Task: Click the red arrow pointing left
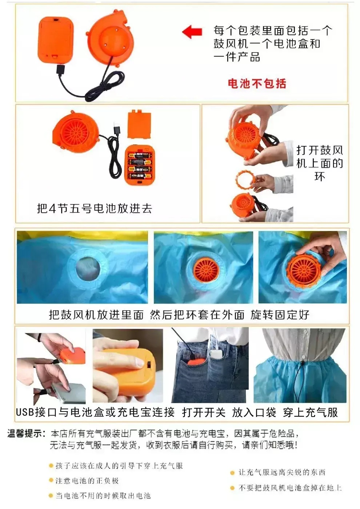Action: (192, 32)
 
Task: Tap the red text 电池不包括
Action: (257, 83)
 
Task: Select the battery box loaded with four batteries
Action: (140, 164)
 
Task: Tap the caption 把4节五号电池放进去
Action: (95, 208)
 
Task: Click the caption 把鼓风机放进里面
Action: (96, 315)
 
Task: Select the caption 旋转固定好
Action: (280, 315)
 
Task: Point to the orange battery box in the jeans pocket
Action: (195, 362)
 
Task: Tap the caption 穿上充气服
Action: (310, 413)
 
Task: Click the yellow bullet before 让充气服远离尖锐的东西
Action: (232, 473)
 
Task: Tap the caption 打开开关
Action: (204, 413)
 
